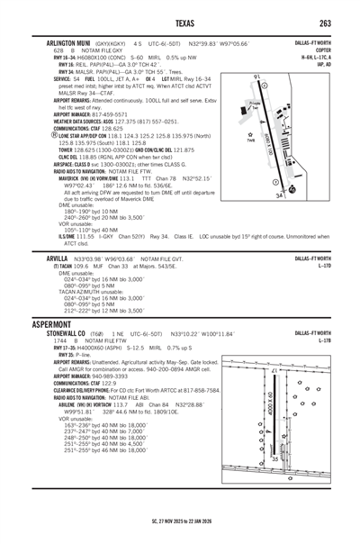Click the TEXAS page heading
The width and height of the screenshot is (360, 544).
click(x=180, y=22)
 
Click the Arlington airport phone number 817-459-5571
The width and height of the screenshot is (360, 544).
click(x=125, y=114)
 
